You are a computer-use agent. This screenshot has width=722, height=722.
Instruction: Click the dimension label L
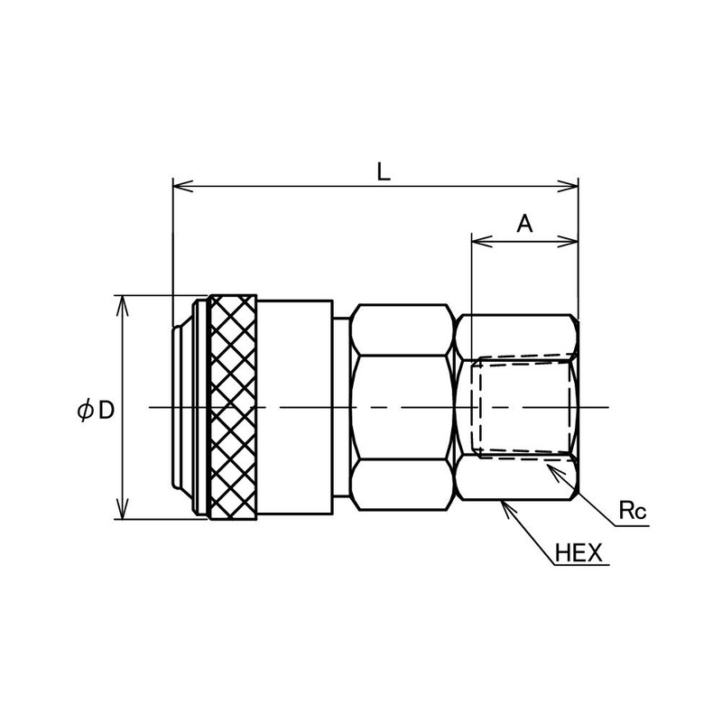point(383,171)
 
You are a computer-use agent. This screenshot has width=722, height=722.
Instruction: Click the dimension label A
point(524,224)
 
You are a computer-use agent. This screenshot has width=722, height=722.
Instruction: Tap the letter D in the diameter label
point(106,410)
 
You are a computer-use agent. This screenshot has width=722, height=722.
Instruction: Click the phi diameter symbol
point(85,410)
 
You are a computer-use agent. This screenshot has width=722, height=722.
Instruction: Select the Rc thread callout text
point(633,511)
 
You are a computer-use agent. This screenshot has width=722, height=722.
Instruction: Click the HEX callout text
point(579,552)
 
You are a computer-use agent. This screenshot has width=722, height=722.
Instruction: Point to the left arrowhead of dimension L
point(182,186)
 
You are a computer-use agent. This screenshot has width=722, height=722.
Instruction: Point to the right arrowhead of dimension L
point(569,186)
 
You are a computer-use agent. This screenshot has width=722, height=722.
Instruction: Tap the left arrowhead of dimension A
point(482,241)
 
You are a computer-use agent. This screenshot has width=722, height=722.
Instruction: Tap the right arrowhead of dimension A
point(569,241)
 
